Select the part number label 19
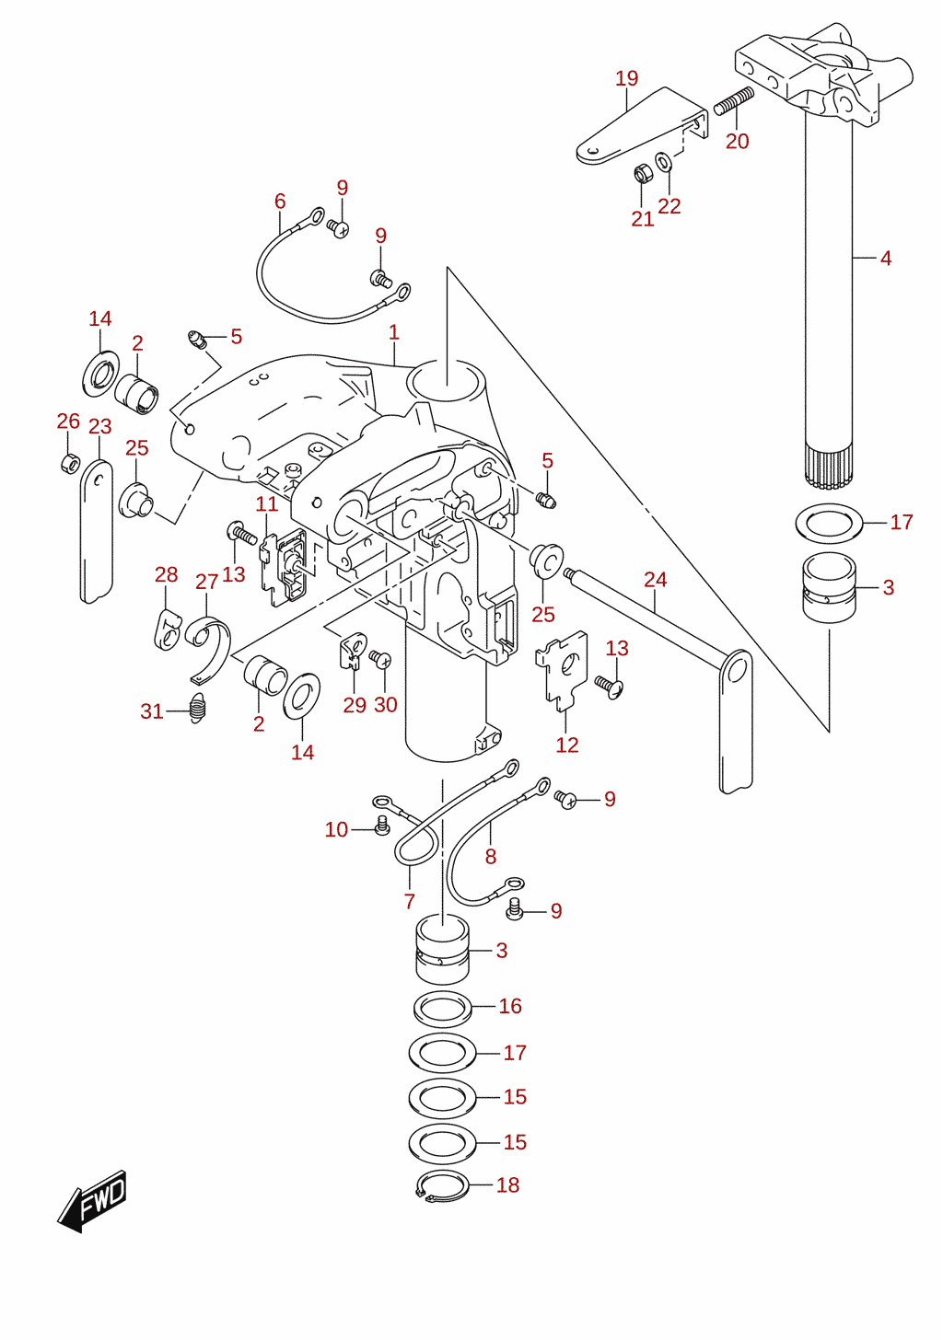click(x=626, y=78)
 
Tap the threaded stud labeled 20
click(x=733, y=101)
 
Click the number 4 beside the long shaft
click(x=886, y=259)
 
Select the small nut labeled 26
click(x=70, y=463)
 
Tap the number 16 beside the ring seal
click(x=510, y=1006)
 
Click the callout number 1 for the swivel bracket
click(x=393, y=332)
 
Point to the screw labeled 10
click(x=381, y=827)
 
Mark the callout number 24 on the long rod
click(x=655, y=579)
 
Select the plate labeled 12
click(x=562, y=670)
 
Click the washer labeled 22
click(x=663, y=161)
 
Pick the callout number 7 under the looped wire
click(x=410, y=901)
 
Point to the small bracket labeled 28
click(x=167, y=629)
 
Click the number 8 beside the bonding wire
click(x=490, y=857)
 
